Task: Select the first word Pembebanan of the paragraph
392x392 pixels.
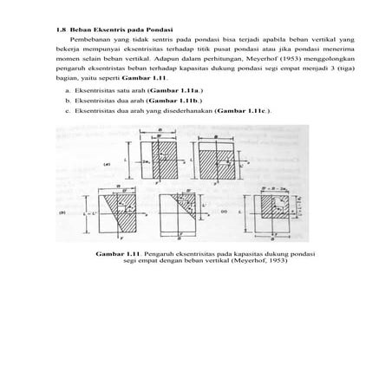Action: point(92,42)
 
